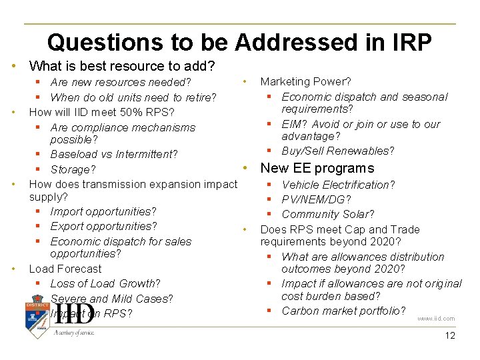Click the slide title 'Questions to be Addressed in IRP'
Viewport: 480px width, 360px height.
[239, 42]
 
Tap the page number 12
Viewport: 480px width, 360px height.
[450, 335]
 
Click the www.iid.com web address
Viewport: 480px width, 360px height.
[436, 319]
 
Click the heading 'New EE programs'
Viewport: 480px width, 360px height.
[317, 168]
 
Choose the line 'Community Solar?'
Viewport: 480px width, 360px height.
[327, 214]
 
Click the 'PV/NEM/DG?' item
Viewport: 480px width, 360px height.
[316, 199]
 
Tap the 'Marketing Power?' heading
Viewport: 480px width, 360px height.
[305, 81]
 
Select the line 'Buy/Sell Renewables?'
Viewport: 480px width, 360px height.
[338, 151]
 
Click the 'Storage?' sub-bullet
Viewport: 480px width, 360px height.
[73, 169]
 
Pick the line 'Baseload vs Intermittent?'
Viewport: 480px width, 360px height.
[113, 154]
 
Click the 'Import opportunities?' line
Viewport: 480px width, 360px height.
[103, 211]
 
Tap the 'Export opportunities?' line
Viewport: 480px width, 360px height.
[103, 226]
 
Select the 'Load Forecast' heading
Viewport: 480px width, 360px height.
[65, 269]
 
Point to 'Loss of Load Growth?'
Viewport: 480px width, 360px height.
[105, 283]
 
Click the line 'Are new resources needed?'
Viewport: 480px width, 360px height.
[121, 83]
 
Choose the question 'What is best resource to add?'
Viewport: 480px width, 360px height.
[122, 66]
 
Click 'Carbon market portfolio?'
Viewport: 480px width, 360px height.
[343, 311]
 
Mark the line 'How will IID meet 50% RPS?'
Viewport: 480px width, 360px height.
[101, 112]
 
